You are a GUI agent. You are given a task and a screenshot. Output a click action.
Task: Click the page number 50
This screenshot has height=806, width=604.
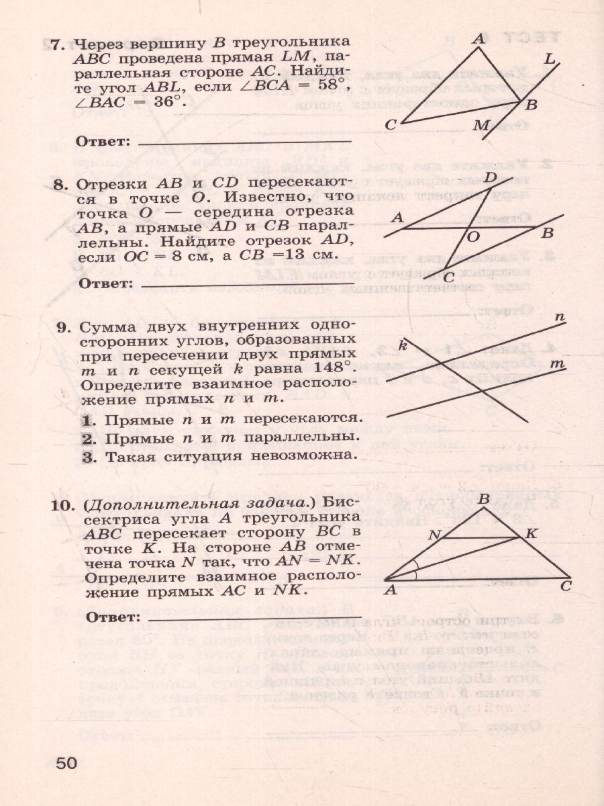coord(67,764)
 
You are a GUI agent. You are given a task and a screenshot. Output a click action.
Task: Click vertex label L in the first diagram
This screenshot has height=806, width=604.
coord(550,60)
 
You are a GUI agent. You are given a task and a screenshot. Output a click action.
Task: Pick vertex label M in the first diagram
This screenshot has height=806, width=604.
coord(481,125)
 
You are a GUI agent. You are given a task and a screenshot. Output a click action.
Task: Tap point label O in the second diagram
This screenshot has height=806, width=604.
coord(473,236)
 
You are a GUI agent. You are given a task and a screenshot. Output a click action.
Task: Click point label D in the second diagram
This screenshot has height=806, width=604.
coord(491,177)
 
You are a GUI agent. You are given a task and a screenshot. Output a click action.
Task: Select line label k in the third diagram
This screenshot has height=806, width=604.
coord(403,345)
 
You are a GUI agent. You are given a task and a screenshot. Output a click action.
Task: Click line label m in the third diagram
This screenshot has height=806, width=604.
coord(557,363)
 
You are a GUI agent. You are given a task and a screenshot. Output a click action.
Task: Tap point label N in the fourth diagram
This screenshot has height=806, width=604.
coord(434,535)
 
